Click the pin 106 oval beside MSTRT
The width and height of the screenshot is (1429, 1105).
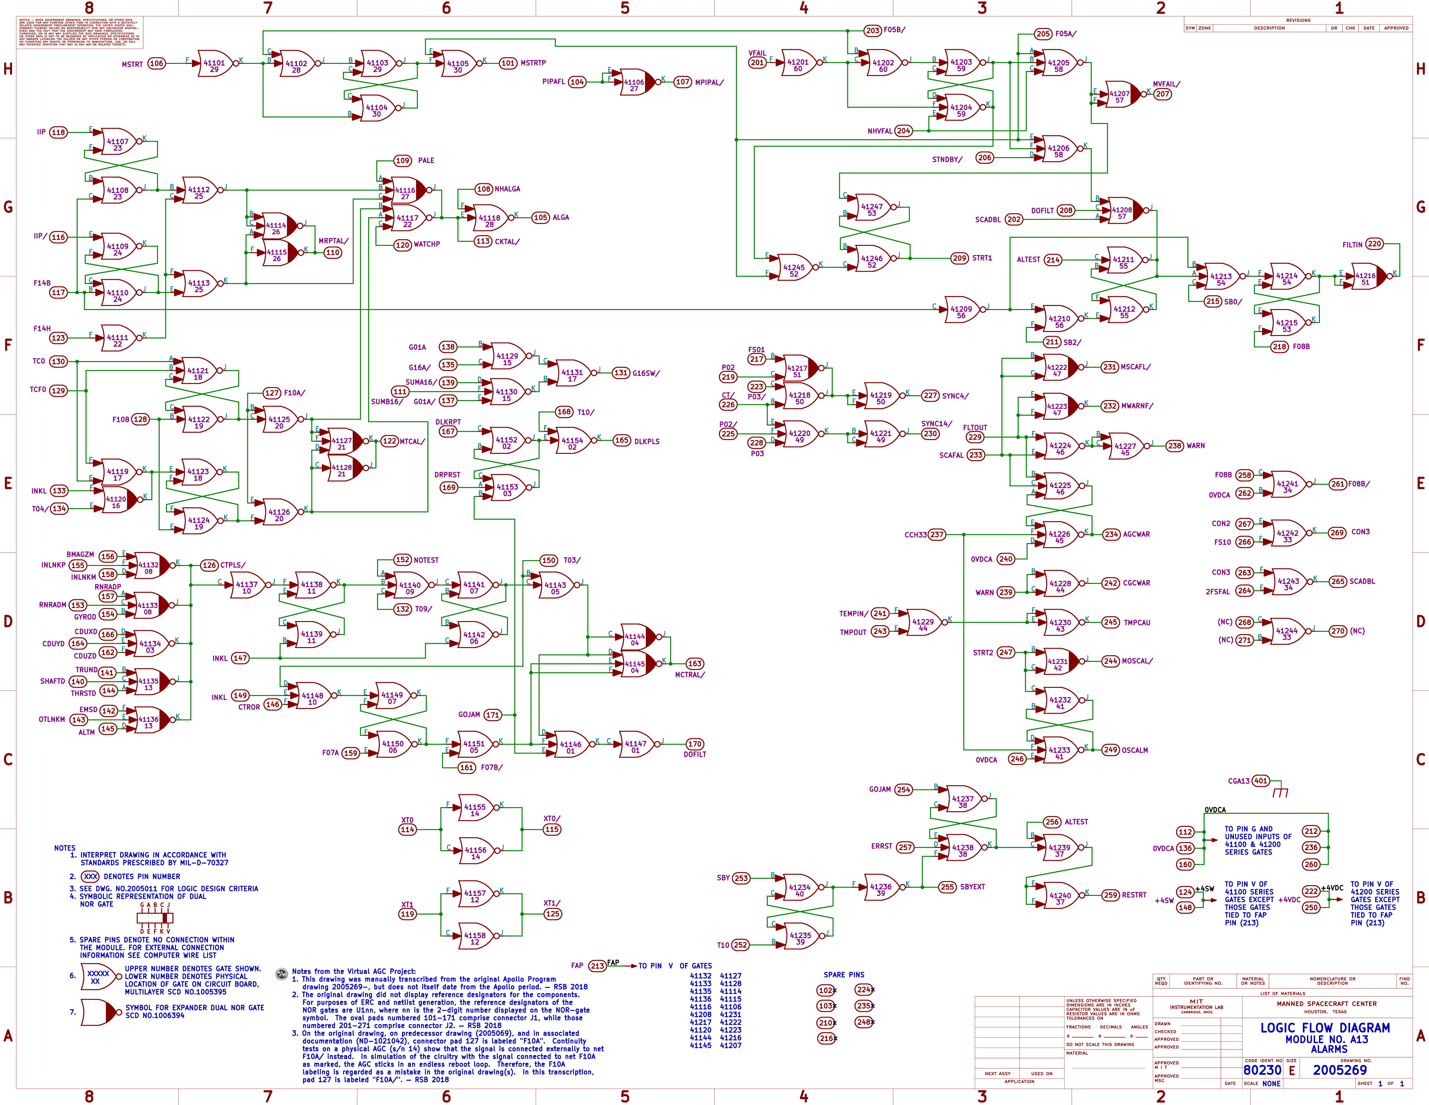pyautogui.click(x=156, y=63)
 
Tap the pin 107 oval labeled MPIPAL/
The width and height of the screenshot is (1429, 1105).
pyautogui.click(x=682, y=82)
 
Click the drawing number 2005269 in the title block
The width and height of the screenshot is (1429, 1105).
pyautogui.click(x=1339, y=1070)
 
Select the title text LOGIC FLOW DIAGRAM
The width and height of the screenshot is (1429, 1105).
pyautogui.click(x=1325, y=1028)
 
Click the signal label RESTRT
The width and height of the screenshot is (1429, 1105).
pyautogui.click(x=1134, y=895)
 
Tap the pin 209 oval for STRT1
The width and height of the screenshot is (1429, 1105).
pyautogui.click(x=959, y=258)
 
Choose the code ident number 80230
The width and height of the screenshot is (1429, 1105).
pyautogui.click(x=1262, y=1070)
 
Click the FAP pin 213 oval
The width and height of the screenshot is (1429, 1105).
pyautogui.click(x=597, y=965)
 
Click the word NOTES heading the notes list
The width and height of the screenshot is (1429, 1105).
pyautogui.click(x=65, y=848)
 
